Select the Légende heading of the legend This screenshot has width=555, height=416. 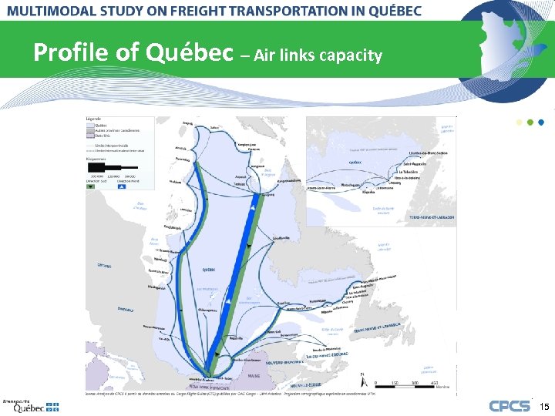(94, 119)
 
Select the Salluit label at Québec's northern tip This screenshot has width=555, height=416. (214, 127)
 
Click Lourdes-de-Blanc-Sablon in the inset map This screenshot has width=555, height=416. (422, 154)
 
